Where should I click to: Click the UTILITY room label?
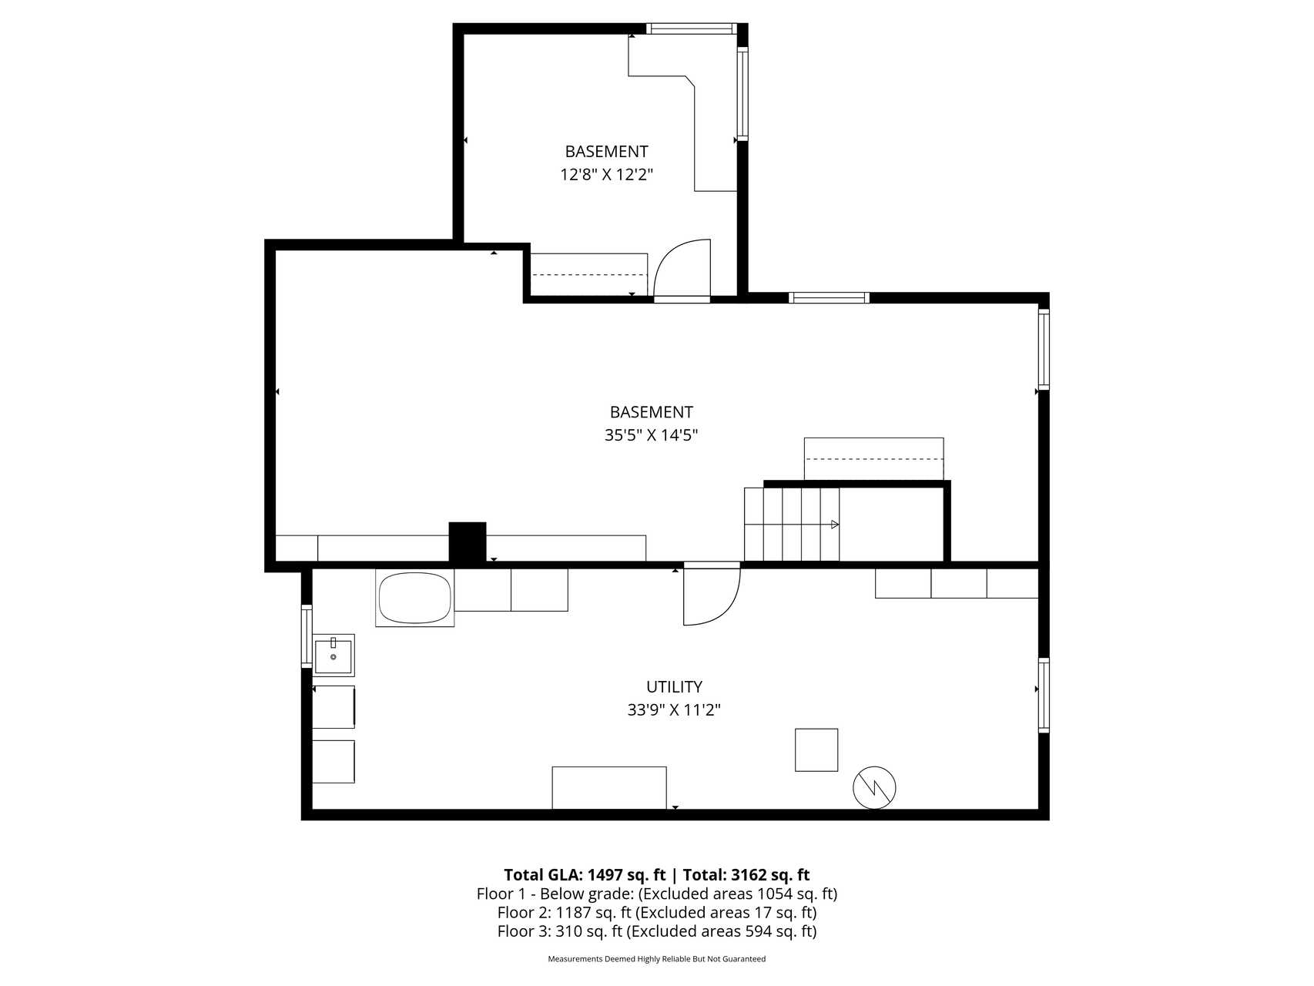click(x=674, y=686)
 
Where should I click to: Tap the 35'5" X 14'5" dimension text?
click(x=651, y=435)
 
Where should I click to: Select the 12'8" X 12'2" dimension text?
click(x=606, y=175)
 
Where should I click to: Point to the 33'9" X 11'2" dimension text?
click(x=674, y=709)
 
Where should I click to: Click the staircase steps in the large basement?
click(x=792, y=524)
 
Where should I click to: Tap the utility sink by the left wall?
click(x=334, y=656)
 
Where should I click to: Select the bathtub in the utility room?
click(x=414, y=599)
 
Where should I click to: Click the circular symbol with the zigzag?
click(x=875, y=787)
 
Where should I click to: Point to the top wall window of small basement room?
click(x=691, y=29)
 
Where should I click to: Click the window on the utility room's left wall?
click(x=307, y=636)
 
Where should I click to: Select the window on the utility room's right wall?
click(x=1044, y=694)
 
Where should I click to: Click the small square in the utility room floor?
click(x=816, y=750)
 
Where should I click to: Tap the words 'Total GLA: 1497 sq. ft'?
click(x=585, y=874)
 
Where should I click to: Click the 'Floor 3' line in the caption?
click(x=657, y=931)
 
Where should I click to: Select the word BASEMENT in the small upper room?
click(x=606, y=151)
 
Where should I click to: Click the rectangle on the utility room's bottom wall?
click(x=609, y=788)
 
